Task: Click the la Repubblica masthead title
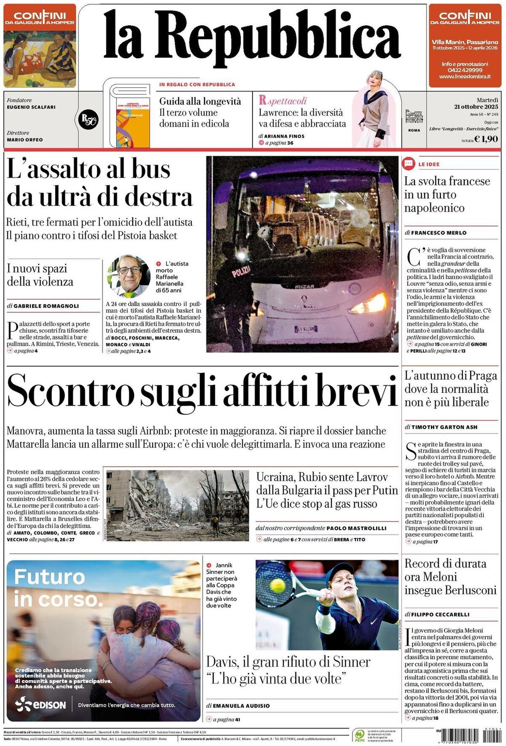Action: coord(252,41)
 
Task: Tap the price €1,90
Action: coord(486,139)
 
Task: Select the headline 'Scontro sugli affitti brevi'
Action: coord(202,391)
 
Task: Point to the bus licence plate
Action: coord(306,329)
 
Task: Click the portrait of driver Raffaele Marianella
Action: coord(128,276)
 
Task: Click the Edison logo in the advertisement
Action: coord(41,704)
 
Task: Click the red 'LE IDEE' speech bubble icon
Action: coord(409,164)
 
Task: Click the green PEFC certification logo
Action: coord(359,735)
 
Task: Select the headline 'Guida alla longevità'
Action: coord(200,101)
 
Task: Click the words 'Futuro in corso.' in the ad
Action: coord(58,588)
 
